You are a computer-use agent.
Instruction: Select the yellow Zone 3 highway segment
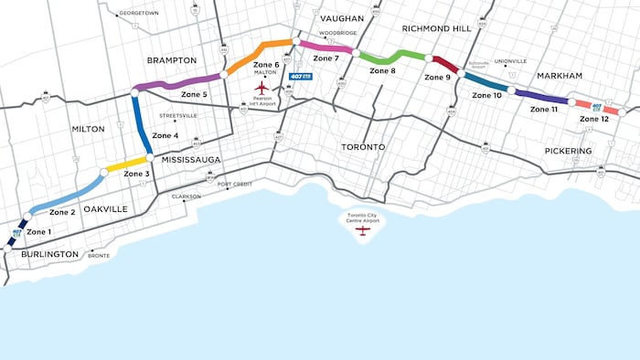[x=127, y=164]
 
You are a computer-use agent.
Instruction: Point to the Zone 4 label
[x=165, y=135]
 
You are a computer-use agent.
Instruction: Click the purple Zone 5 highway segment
[x=178, y=83]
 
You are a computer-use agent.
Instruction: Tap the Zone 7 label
[x=325, y=58]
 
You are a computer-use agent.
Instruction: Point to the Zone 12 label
[x=594, y=119]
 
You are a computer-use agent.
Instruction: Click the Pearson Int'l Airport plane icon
[x=262, y=88]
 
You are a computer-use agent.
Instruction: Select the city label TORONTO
[x=363, y=146]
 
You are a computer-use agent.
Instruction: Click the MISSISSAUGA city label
[x=193, y=158]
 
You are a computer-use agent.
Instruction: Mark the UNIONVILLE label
[x=510, y=61]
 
